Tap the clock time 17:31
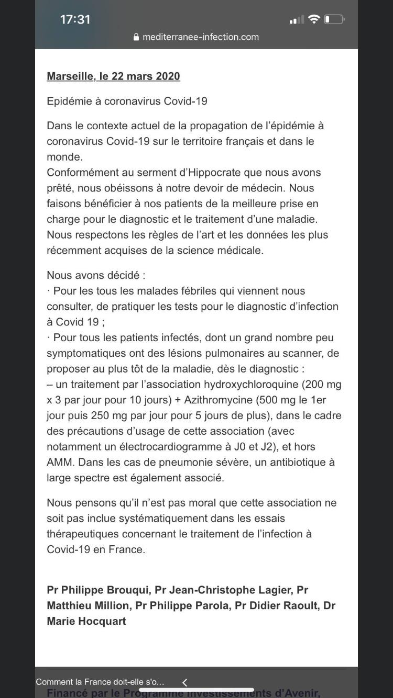(x=75, y=20)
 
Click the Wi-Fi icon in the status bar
(x=314, y=19)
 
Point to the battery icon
(x=334, y=19)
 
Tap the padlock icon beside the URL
(x=136, y=37)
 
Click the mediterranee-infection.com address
(x=201, y=37)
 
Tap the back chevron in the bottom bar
(x=184, y=682)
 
